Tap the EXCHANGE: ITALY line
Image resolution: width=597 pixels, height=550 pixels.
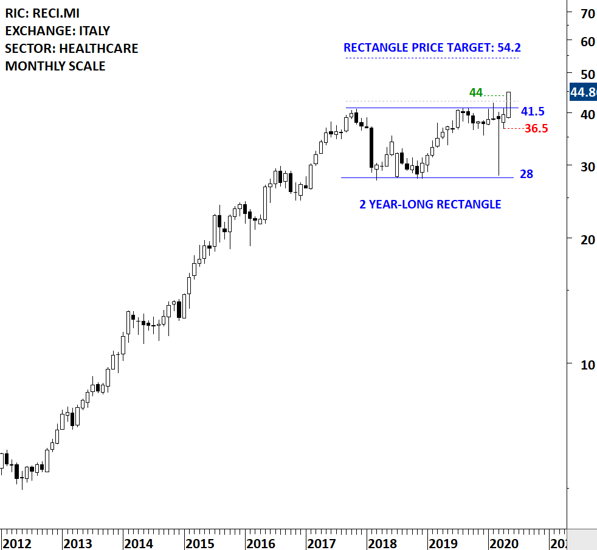point(58,30)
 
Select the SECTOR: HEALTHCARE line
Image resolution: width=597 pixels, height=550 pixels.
point(72,48)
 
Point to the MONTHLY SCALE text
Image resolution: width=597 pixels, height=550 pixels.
point(55,66)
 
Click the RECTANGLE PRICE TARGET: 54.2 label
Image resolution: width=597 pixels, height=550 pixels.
point(432,47)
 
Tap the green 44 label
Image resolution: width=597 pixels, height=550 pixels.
point(475,92)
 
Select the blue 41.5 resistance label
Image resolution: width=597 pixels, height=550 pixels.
point(533,111)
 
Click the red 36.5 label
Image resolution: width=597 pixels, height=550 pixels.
point(536,128)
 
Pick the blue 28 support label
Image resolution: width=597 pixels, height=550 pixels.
point(526,174)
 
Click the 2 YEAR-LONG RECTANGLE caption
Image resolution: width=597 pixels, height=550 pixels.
point(430,204)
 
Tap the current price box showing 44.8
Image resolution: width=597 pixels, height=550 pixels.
point(582,92)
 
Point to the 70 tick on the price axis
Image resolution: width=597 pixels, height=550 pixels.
point(587,13)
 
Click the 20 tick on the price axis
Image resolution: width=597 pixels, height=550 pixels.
point(587,239)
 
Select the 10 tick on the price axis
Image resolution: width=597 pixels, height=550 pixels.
point(587,364)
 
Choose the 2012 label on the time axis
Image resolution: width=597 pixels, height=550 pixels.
point(17,543)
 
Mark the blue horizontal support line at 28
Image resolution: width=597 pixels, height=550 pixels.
point(426,177)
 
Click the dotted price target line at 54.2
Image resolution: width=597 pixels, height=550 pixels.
point(432,58)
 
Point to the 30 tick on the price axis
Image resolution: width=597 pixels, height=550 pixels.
point(587,165)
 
